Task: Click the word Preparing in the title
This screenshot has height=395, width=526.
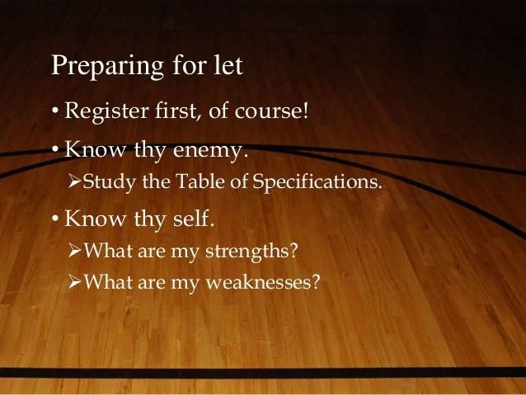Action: point(107,67)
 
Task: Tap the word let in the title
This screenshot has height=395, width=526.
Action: point(228,65)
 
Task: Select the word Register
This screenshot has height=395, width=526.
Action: point(106,111)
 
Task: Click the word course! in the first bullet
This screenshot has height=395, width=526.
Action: point(271,111)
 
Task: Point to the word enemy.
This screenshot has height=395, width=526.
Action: point(211,151)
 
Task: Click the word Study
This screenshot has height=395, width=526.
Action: point(109,182)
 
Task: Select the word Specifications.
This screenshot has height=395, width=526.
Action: point(317,182)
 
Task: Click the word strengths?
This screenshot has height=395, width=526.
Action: point(251,252)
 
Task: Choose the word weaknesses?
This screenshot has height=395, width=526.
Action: point(263,282)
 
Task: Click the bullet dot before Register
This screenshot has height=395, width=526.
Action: point(55,111)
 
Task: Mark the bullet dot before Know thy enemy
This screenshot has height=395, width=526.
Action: point(55,150)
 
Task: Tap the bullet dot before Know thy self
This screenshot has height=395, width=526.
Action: point(55,219)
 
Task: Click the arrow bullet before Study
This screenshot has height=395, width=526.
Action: point(74,182)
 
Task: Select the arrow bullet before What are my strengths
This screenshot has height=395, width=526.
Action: point(74,251)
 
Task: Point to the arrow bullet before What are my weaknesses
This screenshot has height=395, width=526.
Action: point(74,282)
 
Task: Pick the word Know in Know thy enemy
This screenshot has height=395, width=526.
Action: point(96,149)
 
